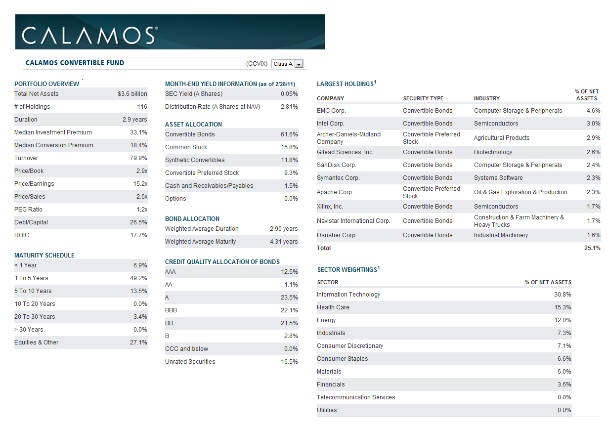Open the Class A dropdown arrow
299,64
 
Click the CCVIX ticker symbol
257,64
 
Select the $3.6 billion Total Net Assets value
132,94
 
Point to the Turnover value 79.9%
138,158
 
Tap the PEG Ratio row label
28,210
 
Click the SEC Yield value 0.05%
289,94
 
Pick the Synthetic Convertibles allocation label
195,160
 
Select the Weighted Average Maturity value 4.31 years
284,242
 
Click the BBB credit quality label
171,310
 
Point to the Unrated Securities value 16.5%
289,362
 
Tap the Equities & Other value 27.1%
138,342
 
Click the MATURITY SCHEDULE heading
44,256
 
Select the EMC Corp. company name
331,111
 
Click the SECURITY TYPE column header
423,98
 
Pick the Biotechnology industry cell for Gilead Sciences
493,152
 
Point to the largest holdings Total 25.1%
592,248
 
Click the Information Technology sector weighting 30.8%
563,295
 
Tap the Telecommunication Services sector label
356,397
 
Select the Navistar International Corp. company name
353,221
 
